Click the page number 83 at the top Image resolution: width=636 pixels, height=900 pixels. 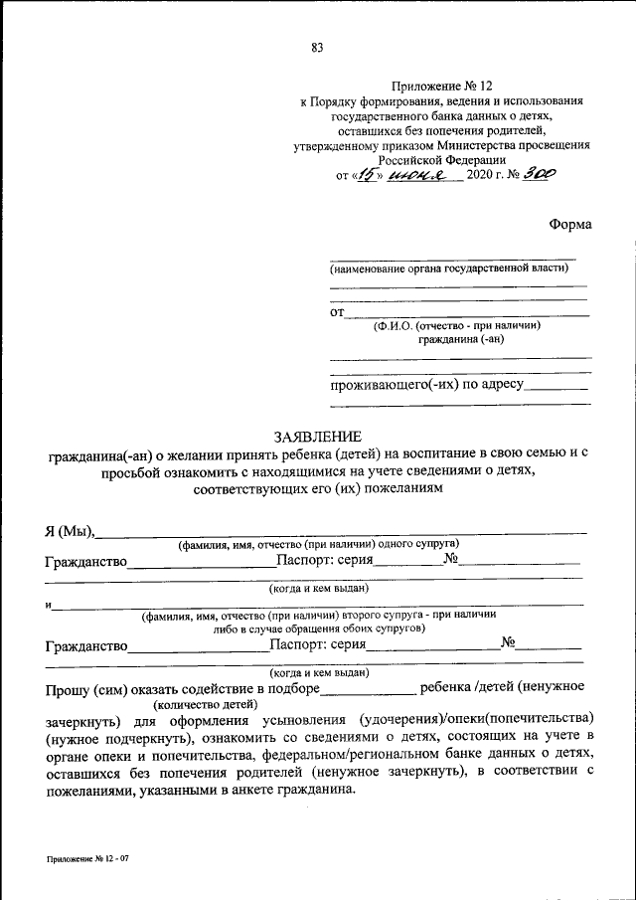click(317, 47)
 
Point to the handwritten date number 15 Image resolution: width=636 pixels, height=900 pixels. click(369, 174)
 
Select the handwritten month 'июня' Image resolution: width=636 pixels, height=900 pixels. click(418, 174)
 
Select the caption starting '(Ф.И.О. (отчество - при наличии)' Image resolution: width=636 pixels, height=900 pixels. click(456, 325)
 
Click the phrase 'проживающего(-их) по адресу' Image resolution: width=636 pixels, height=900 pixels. click(426, 384)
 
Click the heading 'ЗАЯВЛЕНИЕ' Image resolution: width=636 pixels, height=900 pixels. click(317, 436)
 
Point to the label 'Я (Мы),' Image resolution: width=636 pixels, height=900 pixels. click(69, 529)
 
